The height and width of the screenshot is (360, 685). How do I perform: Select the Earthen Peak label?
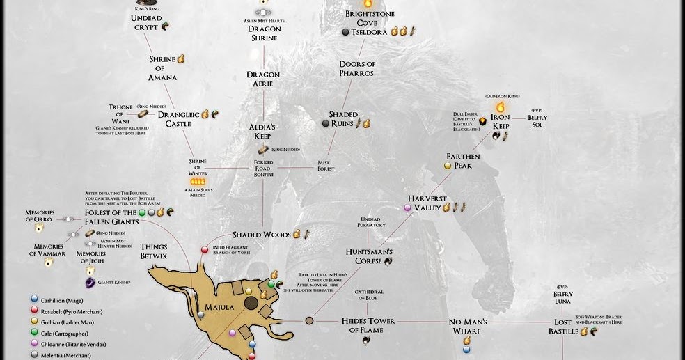463,161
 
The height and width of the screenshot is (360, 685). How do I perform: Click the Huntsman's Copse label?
369,256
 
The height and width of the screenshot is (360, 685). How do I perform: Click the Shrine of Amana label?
162,68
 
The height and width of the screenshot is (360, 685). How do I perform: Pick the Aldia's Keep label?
262,132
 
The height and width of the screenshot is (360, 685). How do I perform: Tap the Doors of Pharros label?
357,68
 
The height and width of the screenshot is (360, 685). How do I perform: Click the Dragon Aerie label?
262,79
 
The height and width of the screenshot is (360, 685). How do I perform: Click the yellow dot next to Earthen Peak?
448,166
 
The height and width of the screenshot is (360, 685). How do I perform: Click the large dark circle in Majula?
251,303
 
